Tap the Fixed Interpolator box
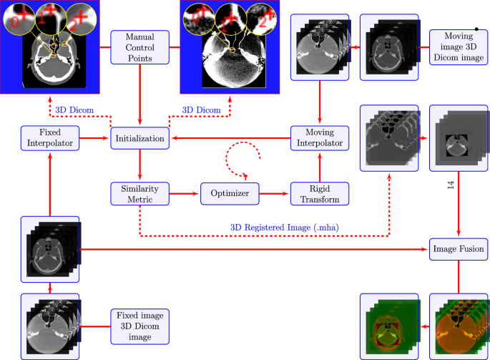point(49,137)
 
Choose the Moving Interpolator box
point(319,137)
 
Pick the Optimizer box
point(228,193)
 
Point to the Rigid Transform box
point(319,193)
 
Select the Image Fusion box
point(458,250)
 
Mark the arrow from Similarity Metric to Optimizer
point(183,193)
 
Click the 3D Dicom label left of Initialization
point(74,110)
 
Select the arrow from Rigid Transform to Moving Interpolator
point(319,166)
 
